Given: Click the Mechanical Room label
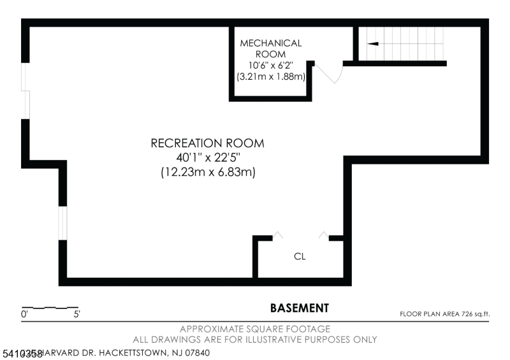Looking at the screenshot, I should tap(270, 48).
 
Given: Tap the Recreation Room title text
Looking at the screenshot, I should tap(207, 143).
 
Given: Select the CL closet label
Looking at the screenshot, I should tap(300, 257).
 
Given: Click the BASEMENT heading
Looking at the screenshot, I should tap(300, 308).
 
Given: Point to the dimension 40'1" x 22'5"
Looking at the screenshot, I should tap(207, 157).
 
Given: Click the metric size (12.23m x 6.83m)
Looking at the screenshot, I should tap(207, 172).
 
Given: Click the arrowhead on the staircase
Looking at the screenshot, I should tap(373, 44).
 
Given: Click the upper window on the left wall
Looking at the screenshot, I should tap(25, 90).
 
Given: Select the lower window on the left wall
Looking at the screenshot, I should tap(62, 223).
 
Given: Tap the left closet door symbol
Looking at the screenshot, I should tap(278, 235).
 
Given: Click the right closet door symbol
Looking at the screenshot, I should tap(324, 235).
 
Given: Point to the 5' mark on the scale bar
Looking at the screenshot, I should tap(76, 314).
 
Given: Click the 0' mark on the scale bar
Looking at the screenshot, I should tap(24, 314).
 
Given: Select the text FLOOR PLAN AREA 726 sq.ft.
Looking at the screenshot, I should tap(444, 313).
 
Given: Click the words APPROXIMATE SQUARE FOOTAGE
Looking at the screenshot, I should tap(255, 329).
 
